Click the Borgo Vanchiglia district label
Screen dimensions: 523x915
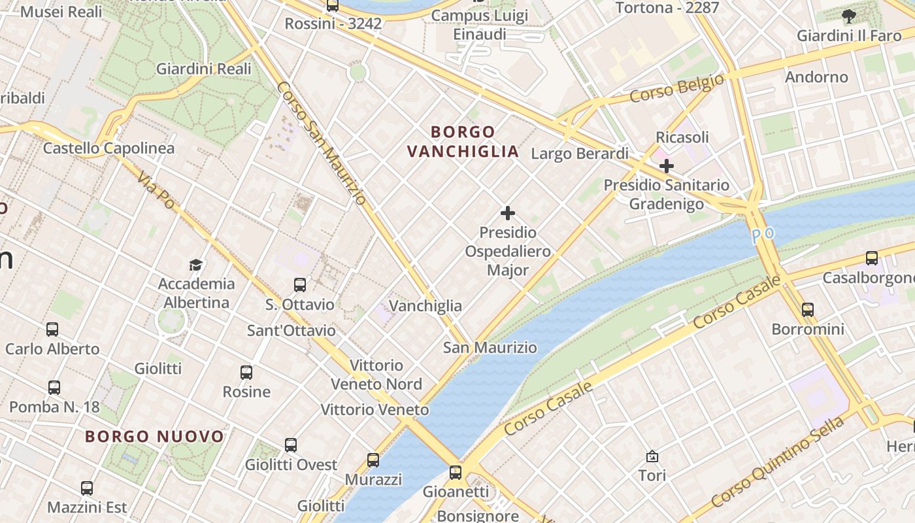pos(463,142)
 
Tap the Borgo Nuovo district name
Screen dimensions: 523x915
pos(154,436)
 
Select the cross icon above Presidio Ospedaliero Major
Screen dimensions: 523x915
pos(508,213)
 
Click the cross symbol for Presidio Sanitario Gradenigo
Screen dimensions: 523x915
pos(666,166)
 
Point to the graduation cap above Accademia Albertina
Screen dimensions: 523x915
pos(196,265)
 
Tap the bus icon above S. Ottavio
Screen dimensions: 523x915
pos(300,285)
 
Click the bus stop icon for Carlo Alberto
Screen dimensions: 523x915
pos(52,329)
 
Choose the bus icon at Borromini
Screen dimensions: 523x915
pos(808,310)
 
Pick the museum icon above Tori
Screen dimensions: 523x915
pos(652,456)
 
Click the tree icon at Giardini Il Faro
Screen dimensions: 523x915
pos(848,16)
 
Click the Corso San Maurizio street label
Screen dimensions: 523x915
pos(320,143)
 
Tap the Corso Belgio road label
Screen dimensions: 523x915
pos(677,88)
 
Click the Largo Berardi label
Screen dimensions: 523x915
pos(580,154)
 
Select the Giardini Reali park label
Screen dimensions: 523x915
pos(203,69)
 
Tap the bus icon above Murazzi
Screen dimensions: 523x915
pos(373,460)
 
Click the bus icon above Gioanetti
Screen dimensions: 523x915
pos(456,472)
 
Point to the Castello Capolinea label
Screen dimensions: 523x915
pos(108,148)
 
